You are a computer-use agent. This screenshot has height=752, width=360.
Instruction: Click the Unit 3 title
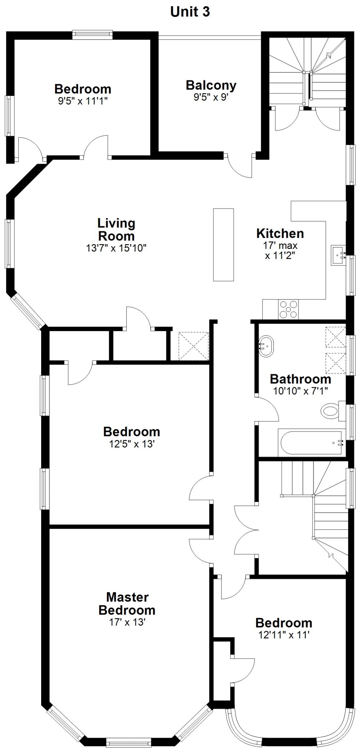(190, 12)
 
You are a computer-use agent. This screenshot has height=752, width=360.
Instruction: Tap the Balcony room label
(211, 85)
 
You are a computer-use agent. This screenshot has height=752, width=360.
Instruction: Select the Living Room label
(116, 229)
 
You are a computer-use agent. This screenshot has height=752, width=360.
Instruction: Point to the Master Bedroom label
(127, 604)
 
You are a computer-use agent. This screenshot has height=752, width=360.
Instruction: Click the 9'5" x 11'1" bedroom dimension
(83, 101)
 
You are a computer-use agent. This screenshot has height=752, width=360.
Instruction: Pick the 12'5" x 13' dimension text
(132, 444)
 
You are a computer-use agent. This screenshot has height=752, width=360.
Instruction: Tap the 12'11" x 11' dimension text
(284, 635)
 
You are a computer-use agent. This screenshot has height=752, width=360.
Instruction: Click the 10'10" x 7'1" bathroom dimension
(300, 391)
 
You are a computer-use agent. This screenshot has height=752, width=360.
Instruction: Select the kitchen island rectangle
(224, 245)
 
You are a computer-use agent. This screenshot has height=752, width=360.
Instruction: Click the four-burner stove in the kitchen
(288, 309)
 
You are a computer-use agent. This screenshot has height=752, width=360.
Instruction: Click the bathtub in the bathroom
(312, 443)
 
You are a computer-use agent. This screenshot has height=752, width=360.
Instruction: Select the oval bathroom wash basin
(266, 346)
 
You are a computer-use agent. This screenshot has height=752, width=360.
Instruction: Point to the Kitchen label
(280, 234)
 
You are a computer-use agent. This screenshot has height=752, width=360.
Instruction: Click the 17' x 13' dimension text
(127, 622)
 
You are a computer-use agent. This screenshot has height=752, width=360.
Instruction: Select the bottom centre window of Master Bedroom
(129, 742)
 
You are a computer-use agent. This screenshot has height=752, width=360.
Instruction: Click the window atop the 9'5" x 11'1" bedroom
(92, 35)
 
